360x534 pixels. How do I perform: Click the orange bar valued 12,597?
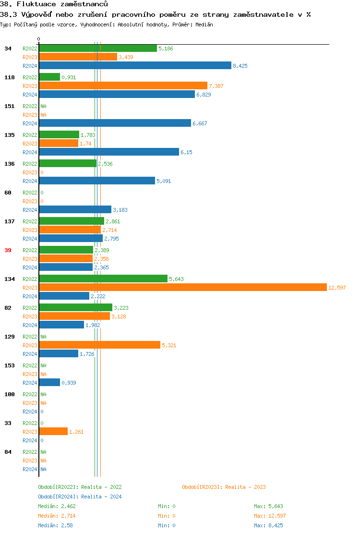182,287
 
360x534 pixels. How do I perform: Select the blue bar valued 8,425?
135,66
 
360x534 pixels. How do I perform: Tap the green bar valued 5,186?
98,49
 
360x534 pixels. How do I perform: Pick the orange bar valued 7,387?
123,85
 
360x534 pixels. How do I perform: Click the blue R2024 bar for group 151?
115,123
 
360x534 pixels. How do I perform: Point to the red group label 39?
8,250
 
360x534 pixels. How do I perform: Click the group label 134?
9,279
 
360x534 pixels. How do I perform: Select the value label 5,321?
169,345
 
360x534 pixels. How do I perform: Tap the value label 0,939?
69,383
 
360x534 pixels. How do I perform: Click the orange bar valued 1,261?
53,431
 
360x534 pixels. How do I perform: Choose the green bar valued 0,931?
49,77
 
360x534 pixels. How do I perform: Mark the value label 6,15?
186,152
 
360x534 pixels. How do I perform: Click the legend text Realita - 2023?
245,487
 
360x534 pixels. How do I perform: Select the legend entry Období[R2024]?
58,497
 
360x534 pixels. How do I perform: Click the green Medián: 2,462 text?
57,506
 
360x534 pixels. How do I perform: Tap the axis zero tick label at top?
38,39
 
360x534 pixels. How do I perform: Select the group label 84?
8,452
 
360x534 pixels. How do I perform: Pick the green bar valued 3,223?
75,307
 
